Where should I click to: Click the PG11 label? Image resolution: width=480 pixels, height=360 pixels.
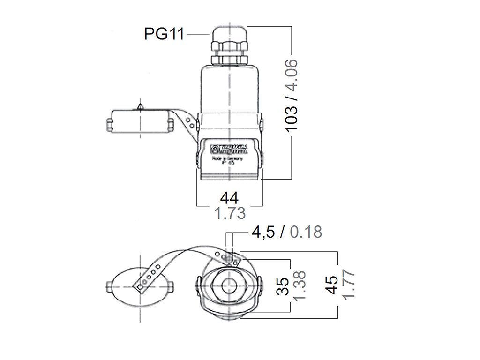(164, 34)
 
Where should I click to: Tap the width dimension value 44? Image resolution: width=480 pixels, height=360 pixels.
(229, 197)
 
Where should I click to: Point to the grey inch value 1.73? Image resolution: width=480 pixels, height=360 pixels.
(229, 214)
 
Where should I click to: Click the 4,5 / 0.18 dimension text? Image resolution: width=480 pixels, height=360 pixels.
(287, 232)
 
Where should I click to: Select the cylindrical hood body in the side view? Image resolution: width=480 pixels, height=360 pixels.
(229, 89)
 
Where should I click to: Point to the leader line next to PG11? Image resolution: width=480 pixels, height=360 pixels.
(196, 34)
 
